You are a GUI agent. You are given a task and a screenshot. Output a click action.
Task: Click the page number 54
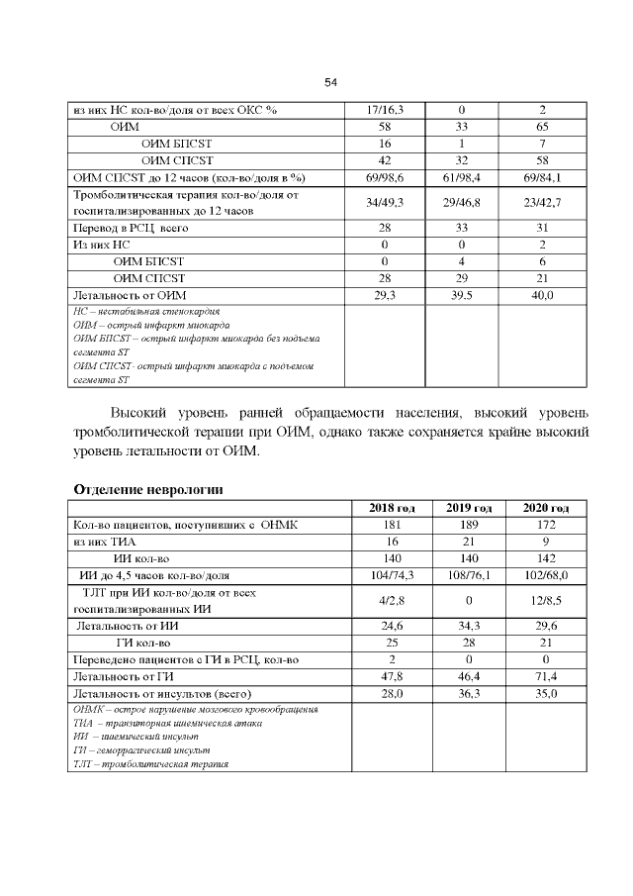pos(331,82)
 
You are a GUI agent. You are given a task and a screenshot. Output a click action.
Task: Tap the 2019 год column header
pos(469,508)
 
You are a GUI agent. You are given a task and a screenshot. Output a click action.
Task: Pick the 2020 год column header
pos(545,508)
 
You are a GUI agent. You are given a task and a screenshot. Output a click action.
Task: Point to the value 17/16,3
pos(391,110)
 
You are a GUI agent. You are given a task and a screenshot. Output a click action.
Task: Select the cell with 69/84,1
pos(545,178)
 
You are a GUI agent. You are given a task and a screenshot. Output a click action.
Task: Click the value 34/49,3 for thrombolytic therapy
pos(391,203)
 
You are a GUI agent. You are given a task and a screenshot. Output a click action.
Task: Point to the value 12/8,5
pos(545,600)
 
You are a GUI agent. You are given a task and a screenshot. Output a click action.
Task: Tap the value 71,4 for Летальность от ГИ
pos(545,676)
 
